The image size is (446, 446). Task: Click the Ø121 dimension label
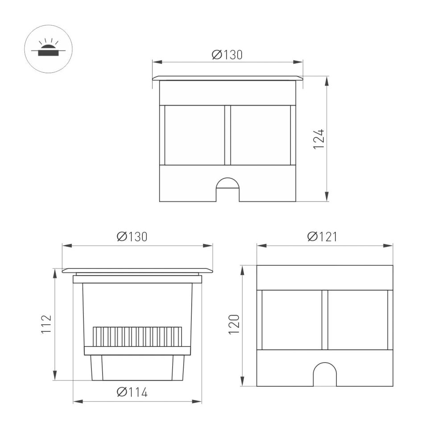322,236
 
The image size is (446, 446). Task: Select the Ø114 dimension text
132,392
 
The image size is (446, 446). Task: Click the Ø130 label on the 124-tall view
227,54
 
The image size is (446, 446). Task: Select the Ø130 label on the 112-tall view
132,236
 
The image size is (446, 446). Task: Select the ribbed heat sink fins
137,337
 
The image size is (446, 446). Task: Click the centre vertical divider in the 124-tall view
227,135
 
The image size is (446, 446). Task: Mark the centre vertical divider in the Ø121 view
325,319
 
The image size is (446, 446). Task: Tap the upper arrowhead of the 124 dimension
327,81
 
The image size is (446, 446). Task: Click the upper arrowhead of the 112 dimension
55,273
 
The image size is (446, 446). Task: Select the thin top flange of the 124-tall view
227,78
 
